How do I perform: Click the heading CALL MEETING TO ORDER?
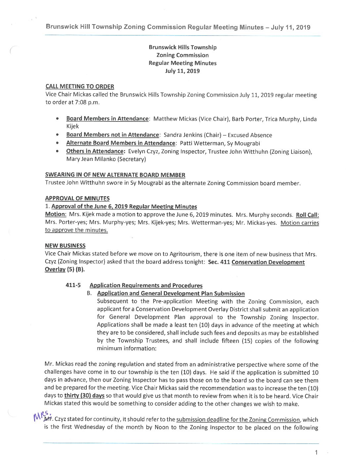79,87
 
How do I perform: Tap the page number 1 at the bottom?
316,452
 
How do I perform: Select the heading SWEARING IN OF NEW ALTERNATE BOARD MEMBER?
115,175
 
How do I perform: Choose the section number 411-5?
73,285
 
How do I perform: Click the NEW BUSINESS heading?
65,246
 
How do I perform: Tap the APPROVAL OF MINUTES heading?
77,199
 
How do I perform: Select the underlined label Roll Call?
307,214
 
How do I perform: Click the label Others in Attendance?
95,151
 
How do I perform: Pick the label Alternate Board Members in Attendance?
120,143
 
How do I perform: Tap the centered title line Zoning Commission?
182,55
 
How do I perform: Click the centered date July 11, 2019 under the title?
182,71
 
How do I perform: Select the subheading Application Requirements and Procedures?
146,285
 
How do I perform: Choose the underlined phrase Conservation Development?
268,262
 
